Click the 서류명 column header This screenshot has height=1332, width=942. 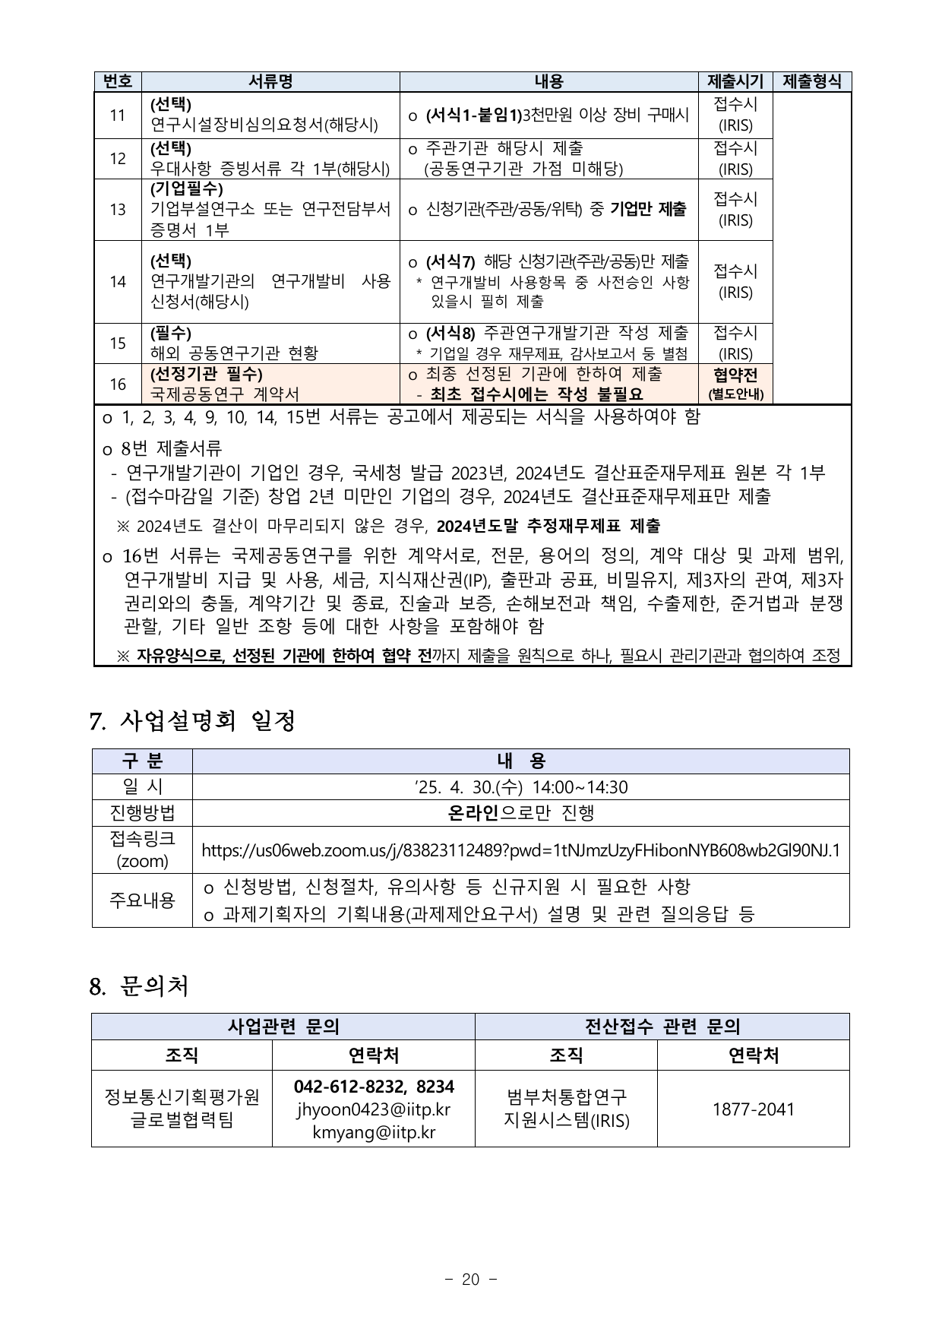tap(270, 82)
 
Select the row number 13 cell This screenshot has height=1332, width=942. tap(118, 210)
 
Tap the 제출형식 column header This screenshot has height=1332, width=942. tap(811, 82)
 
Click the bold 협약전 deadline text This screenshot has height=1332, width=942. tap(735, 375)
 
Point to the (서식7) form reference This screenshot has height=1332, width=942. tap(450, 262)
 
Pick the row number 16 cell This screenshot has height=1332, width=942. tap(118, 384)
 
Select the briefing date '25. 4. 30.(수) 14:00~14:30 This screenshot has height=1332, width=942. tap(520, 787)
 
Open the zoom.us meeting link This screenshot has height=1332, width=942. tap(520, 850)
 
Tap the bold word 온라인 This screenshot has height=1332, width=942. tap(473, 813)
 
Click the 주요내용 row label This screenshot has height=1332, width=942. tap(142, 900)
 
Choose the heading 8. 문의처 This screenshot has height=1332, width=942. tap(138, 986)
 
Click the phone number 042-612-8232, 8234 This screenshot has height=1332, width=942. tap(374, 1087)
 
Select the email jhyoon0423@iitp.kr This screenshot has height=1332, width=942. tap(374, 1109)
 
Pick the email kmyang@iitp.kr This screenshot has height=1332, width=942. tap(374, 1132)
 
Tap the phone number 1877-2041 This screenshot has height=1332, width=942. tap(753, 1109)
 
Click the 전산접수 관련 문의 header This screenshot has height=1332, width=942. tap(662, 1027)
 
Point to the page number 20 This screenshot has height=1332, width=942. tap(471, 1280)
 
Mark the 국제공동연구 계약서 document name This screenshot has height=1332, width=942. tap(225, 394)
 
